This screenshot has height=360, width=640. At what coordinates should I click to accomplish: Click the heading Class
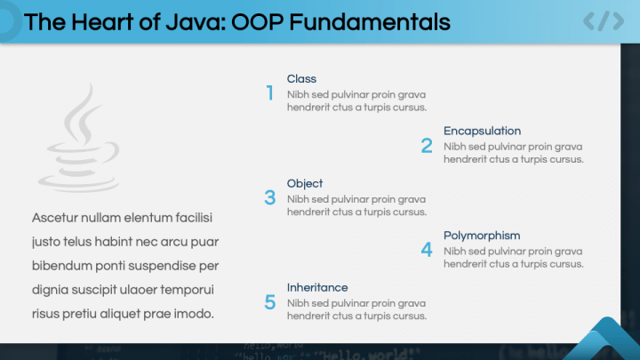[301, 79]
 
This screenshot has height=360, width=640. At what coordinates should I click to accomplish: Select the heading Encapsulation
[482, 131]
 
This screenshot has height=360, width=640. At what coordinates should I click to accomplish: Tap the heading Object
[305, 183]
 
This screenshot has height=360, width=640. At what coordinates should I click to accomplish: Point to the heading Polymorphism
[482, 236]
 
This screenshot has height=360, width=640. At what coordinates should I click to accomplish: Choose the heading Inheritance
[317, 287]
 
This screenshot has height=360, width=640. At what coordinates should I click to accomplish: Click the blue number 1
[269, 93]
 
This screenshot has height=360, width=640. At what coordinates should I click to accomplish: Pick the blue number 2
[427, 146]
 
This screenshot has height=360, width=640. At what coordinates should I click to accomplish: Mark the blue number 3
[269, 198]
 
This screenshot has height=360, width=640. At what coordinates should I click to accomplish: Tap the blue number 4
[427, 251]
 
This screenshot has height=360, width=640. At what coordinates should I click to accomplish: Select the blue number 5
[269, 302]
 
